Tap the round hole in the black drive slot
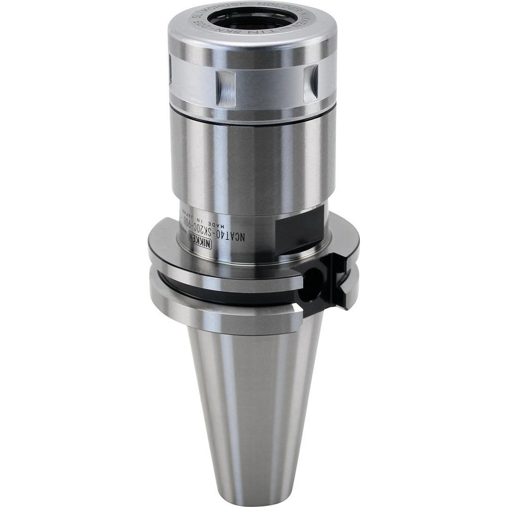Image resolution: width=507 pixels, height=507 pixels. [313, 280]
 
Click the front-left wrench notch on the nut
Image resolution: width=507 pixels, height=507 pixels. [226, 87]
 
